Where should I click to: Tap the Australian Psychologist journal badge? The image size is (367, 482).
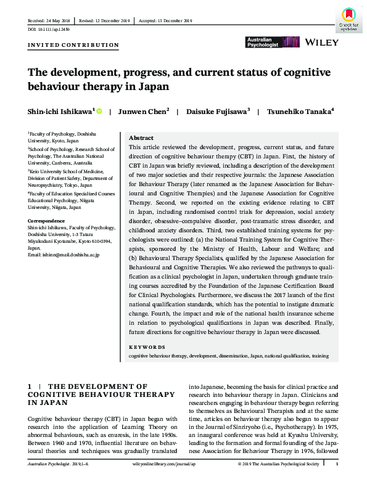263,43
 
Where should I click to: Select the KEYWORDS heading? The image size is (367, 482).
146,347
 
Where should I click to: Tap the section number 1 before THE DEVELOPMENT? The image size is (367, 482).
29,386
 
